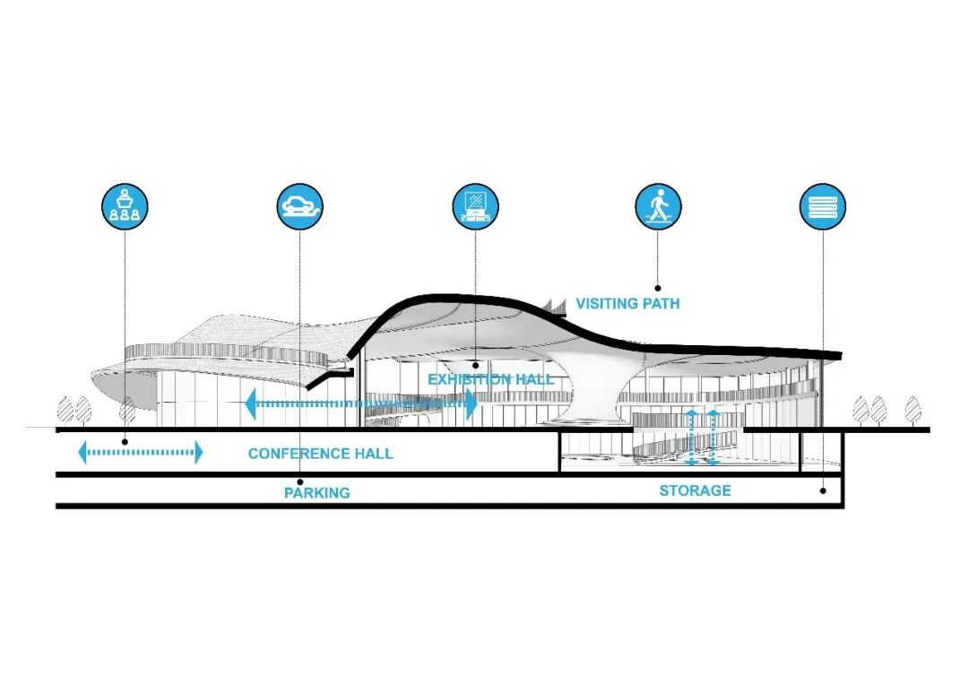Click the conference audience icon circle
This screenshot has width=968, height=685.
tap(125, 205)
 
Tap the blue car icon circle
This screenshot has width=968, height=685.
tap(299, 205)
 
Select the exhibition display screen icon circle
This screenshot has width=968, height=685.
tap(475, 205)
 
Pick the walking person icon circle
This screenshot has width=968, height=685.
tap(658, 205)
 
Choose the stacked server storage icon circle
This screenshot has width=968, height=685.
tap(823, 205)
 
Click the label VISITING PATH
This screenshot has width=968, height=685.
tap(627, 304)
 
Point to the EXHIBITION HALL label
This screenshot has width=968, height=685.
tap(490, 379)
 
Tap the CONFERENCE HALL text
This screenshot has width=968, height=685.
tap(320, 454)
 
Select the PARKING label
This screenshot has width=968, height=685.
tap(317, 492)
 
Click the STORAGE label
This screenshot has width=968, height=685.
tap(695, 490)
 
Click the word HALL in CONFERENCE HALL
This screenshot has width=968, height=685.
tap(374, 454)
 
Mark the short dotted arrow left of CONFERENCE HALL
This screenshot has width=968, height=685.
tap(142, 453)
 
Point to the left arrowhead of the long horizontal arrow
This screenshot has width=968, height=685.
tap(250, 403)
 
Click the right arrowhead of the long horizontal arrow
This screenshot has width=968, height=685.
tap(471, 403)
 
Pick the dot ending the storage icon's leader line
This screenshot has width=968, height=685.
tap(823, 490)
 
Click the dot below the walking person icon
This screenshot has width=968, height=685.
tap(658, 278)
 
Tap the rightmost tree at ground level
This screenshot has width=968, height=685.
tap(912, 410)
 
